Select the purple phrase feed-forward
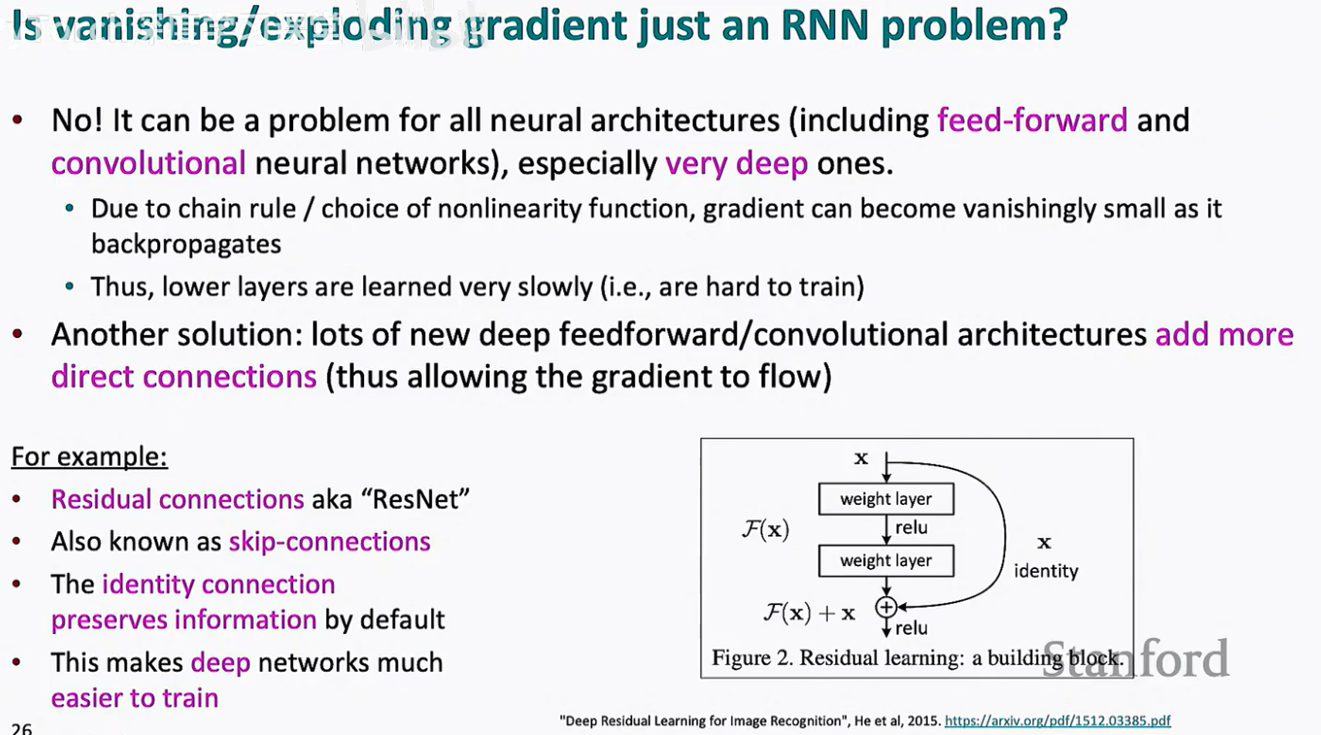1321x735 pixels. [x=1032, y=120]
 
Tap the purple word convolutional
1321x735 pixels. [x=149, y=163]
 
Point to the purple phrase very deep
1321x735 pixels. [x=736, y=163]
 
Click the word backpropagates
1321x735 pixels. [x=186, y=244]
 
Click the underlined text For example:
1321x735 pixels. [x=89, y=456]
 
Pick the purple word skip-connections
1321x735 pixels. [x=329, y=541]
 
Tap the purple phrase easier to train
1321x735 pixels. [x=135, y=697]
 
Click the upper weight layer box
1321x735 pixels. [x=885, y=499]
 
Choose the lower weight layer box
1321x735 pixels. [x=885, y=560]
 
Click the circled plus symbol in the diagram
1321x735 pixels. [x=885, y=608]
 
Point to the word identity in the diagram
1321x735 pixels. [x=1046, y=571]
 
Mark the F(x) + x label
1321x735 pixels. [x=809, y=613]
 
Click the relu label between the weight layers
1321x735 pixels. [x=911, y=528]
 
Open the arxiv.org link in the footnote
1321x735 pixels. [x=1057, y=721]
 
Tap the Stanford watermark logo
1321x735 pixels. [x=1135, y=660]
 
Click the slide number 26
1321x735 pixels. [x=21, y=727]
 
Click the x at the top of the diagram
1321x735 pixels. [x=861, y=458]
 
